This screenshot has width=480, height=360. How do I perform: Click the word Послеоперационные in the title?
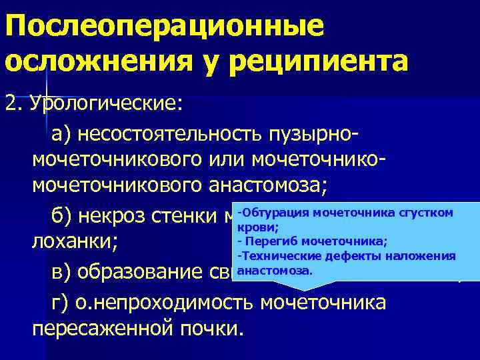tap(164, 27)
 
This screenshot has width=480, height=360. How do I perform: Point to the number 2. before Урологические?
tap(13, 104)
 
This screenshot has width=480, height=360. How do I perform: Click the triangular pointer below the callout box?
tap(303, 283)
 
